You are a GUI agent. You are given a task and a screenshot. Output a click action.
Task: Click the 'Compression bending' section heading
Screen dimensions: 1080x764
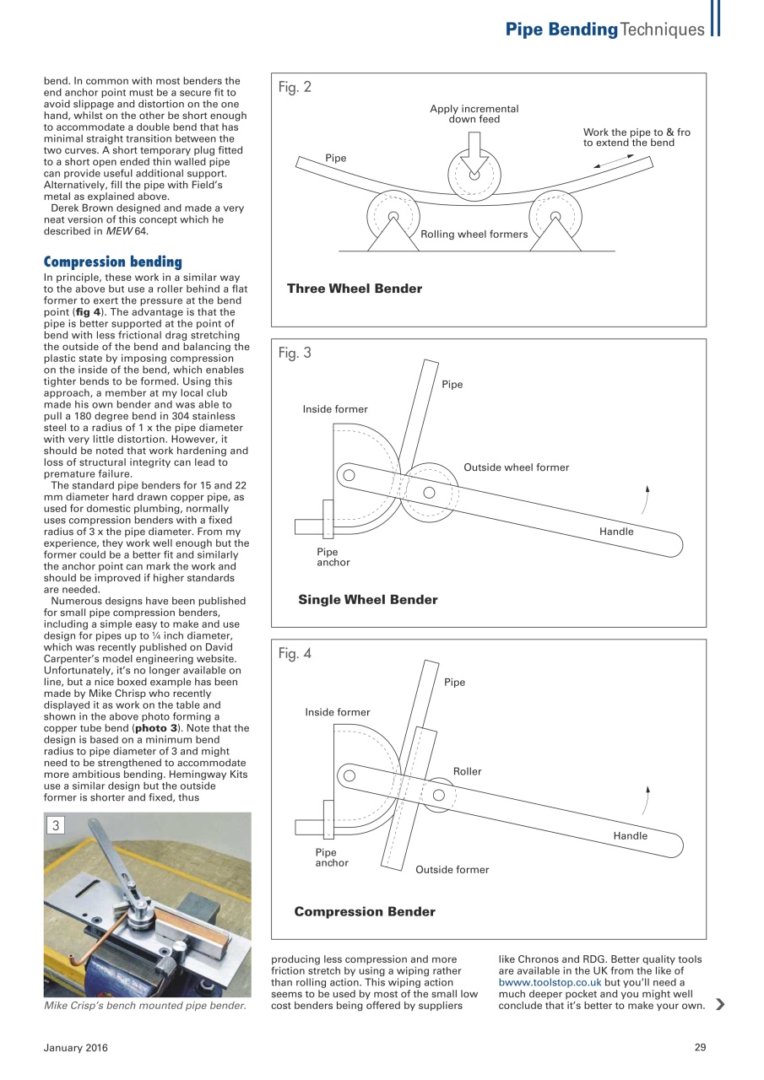112,262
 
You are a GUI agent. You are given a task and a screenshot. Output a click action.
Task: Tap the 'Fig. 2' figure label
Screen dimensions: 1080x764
295,87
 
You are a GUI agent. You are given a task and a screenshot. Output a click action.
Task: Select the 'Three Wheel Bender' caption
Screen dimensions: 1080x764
354,289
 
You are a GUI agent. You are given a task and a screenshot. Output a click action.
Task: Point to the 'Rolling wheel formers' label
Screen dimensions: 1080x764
474,234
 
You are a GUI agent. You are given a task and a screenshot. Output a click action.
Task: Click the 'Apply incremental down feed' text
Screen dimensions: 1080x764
474,114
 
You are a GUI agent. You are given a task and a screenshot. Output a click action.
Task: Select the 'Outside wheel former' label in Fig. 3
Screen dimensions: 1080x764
516,467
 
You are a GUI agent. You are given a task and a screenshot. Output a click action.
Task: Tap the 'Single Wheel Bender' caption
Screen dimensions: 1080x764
367,600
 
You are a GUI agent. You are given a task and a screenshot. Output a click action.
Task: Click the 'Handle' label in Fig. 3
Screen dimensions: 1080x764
616,532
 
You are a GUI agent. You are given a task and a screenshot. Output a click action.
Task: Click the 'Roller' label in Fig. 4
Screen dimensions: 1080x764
467,771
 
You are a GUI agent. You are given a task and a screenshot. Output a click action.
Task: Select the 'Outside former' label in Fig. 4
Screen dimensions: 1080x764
452,870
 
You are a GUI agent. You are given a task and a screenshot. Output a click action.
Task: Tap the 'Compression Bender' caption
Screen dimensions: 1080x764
365,912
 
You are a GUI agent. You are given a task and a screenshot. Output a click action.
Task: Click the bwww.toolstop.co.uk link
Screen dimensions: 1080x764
550,983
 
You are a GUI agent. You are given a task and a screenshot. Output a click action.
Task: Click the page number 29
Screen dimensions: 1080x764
700,1048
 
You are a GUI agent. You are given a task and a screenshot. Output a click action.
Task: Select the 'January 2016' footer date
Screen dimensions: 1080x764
76,1048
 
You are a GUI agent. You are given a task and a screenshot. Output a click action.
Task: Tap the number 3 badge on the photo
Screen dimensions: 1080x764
56,826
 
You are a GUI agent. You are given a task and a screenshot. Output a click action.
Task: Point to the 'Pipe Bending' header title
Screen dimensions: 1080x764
561,30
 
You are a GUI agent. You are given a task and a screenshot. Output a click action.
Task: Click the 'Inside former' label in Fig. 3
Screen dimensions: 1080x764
335,409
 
